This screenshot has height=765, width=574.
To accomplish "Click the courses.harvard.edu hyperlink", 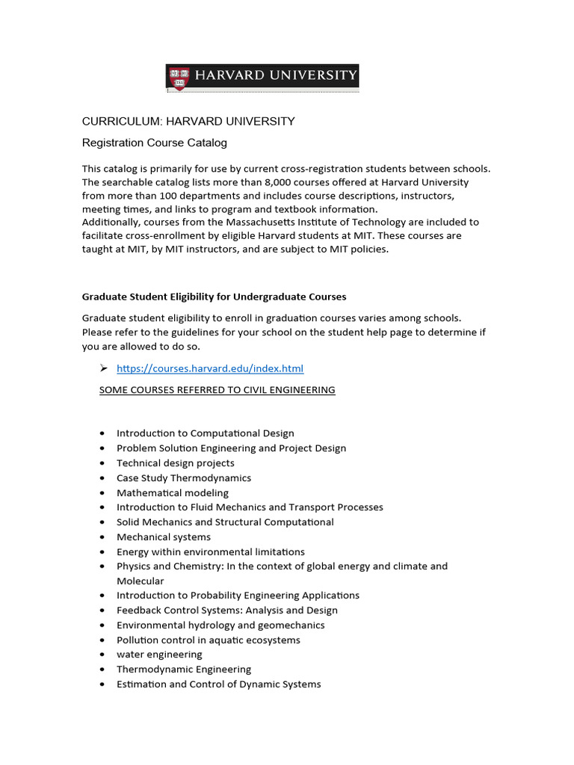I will coord(210,368).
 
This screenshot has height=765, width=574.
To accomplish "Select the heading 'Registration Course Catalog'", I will coord(154,142).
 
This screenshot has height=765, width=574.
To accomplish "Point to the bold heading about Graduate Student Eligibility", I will coord(214,297).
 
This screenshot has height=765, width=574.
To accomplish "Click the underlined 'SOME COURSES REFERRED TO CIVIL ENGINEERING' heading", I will coord(217,390).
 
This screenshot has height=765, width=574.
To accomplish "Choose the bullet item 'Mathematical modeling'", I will coord(173,492).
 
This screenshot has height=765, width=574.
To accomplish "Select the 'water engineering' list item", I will coord(159,654).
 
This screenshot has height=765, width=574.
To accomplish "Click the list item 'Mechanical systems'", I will coord(164,536).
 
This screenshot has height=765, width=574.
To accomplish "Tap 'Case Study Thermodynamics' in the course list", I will coord(184,477).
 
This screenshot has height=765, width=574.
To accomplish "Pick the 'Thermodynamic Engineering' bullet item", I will coord(184,669).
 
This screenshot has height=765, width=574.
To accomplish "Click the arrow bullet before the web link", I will coord(104,368).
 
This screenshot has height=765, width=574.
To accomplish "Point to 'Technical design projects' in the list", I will coord(176,463).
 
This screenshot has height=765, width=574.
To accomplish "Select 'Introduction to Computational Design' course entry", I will coord(206,433).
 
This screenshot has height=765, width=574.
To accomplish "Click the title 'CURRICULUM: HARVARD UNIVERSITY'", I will coord(188,121).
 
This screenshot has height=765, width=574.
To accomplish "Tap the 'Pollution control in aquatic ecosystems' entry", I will coord(209,639).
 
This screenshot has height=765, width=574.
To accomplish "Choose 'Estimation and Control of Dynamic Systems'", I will coord(219,684).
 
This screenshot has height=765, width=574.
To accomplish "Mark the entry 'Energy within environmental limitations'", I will coord(211,551).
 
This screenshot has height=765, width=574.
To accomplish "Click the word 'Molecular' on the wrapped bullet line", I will coord(141,580).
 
